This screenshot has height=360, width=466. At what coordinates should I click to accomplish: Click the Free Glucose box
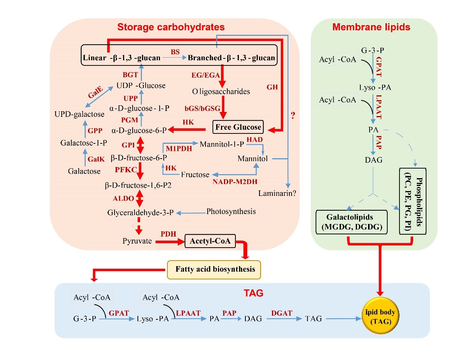click(238, 127)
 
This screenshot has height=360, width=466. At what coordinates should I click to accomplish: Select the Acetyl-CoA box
click(210, 241)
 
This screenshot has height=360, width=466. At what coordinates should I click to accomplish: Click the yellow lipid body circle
click(380, 317)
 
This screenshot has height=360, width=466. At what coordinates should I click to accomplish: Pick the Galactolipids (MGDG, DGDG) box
click(351, 222)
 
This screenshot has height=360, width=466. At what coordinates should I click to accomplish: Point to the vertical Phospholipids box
click(413, 201)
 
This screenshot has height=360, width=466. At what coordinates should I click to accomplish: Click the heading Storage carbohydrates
click(171, 27)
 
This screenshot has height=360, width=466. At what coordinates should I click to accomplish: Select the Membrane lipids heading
click(371, 27)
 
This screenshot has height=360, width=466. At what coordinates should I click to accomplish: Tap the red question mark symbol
click(293, 115)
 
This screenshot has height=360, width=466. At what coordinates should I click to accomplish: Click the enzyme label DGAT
click(282, 313)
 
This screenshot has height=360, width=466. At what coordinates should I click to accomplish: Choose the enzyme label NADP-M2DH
click(235, 181)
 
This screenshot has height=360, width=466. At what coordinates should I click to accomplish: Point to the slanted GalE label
click(95, 92)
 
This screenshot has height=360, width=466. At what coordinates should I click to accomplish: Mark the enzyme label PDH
click(168, 234)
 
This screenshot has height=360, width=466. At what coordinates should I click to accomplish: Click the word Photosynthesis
click(231, 211)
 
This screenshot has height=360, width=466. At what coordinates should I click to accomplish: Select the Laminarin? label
click(277, 193)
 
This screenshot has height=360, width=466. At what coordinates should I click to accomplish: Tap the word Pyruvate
click(137, 241)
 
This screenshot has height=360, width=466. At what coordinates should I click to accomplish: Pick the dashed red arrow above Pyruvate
click(139, 225)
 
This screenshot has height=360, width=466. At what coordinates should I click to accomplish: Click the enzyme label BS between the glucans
click(175, 52)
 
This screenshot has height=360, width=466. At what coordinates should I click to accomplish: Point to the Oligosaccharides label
click(221, 91)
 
